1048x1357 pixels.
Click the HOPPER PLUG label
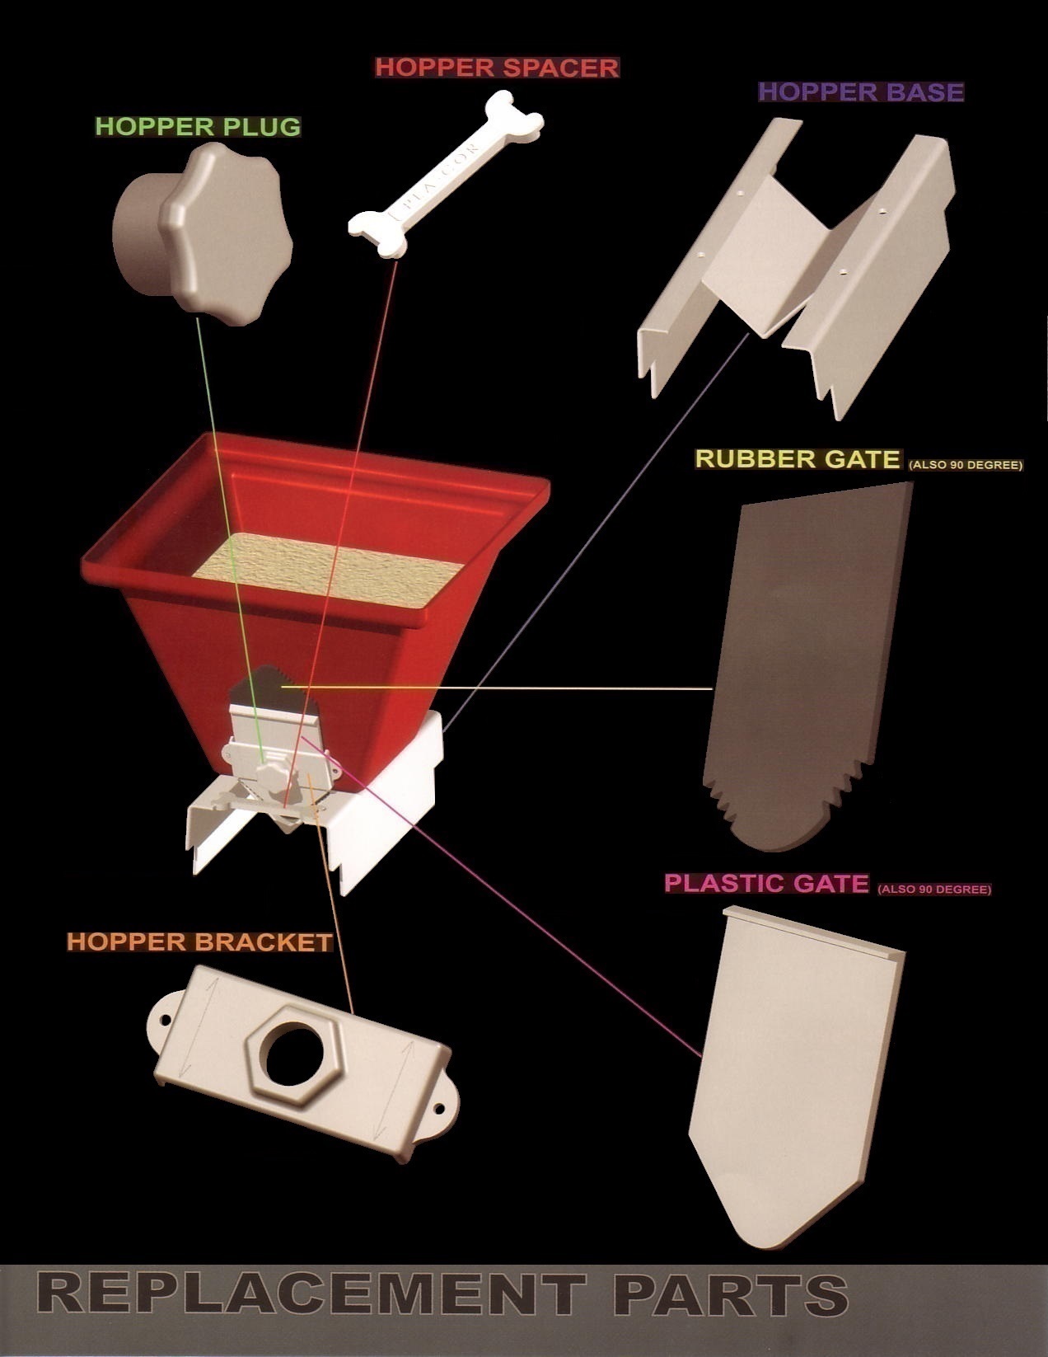[198, 126]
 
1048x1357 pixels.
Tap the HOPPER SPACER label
[497, 67]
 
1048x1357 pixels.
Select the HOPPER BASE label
[860, 91]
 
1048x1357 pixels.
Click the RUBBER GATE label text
[798, 458]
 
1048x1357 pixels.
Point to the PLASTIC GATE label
[766, 883]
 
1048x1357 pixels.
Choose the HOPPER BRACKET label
[199, 941]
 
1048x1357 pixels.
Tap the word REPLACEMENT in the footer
[311, 1294]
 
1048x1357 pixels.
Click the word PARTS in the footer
[730, 1294]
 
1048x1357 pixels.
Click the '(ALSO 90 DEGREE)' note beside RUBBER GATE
[965, 465]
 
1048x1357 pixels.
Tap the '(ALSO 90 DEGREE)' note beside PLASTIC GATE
[934, 890]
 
